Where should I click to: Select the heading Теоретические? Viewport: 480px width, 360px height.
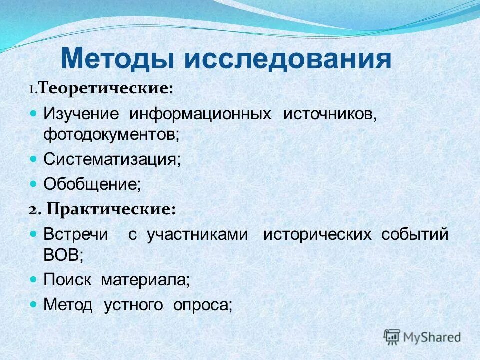105,89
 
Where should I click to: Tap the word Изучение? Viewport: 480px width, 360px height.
81,113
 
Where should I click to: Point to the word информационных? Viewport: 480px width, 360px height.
201,113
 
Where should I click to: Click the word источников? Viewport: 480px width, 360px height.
330,113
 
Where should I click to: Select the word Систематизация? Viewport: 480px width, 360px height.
112,159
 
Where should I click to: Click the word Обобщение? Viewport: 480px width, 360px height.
92,184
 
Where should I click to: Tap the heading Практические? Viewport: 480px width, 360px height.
111,209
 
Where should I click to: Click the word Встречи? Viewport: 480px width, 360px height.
75,234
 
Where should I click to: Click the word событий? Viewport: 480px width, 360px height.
415,234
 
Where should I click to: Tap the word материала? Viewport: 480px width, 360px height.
145,280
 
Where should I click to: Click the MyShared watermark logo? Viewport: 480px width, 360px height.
422,336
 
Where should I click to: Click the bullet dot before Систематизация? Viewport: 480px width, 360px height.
34,159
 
